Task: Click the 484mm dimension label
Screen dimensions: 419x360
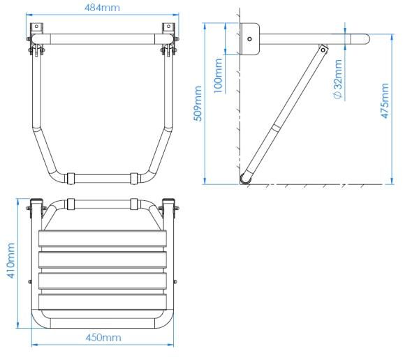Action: click(x=103, y=8)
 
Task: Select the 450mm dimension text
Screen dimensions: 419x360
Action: click(x=103, y=338)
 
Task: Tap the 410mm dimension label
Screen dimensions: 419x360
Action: click(x=10, y=261)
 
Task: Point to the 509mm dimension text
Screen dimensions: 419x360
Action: click(x=198, y=104)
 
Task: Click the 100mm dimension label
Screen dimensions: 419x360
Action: click(x=218, y=76)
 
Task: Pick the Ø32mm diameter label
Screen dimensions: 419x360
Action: click(x=338, y=80)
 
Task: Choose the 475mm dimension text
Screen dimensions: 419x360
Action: click(x=385, y=100)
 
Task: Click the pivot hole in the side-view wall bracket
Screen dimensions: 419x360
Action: click(x=249, y=39)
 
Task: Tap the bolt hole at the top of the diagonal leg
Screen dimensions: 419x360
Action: click(x=323, y=50)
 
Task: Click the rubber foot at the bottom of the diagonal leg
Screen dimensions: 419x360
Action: click(x=245, y=179)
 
